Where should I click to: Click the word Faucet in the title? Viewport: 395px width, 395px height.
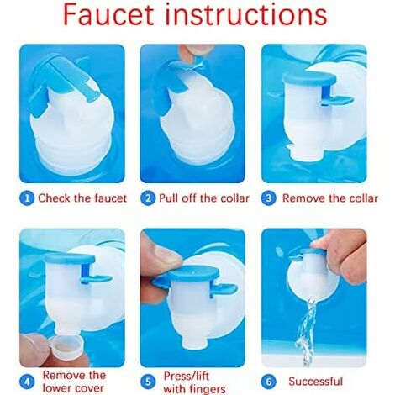pos(108,14)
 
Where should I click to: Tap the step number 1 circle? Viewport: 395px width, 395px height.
pos(27,198)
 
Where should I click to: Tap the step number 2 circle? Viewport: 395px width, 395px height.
pos(148,198)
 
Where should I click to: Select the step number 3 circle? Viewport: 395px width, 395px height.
pos(268,198)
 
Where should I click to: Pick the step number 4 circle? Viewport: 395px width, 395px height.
pos(27,382)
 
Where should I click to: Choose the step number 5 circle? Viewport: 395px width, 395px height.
pos(148,382)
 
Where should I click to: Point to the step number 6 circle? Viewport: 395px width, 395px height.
pos(268,382)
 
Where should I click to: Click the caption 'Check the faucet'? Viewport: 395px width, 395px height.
pos(82,198)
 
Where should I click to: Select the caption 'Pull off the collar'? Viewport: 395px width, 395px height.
pos(204,198)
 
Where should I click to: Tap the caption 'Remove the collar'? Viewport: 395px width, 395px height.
pos(330,198)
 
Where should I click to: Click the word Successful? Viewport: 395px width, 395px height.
pos(316,382)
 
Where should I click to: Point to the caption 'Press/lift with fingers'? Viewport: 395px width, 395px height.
pos(194,382)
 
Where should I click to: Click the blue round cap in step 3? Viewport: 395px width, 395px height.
pos(309,78)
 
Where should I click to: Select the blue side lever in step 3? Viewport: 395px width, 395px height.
pos(337,99)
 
